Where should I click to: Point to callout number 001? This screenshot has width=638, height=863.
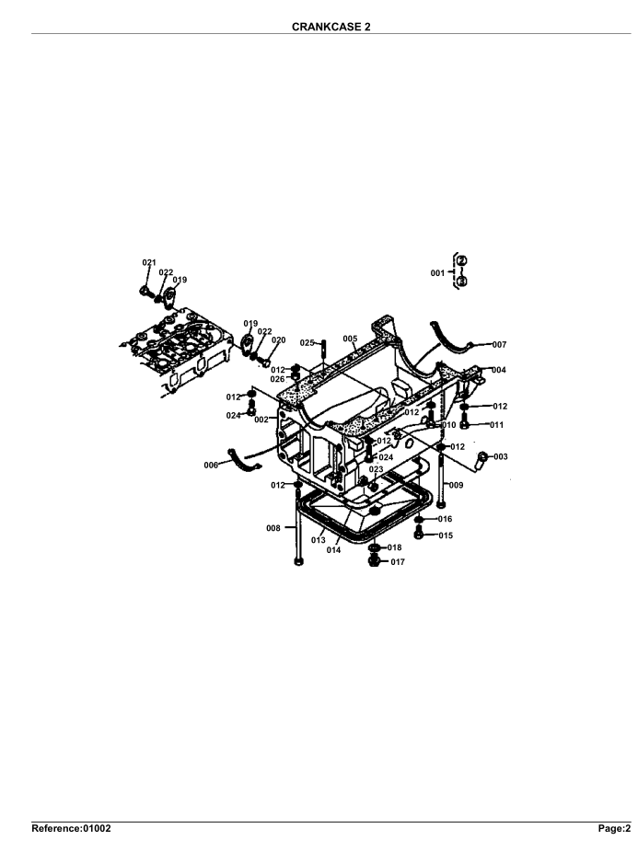[438, 273]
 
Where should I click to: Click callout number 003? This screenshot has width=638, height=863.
[500, 456]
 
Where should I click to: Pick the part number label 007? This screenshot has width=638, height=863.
[499, 345]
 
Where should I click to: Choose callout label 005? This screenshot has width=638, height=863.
[350, 339]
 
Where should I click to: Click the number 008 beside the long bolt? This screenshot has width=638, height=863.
[273, 528]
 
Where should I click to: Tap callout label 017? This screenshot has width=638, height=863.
[398, 561]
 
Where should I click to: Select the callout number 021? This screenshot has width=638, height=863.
[149, 263]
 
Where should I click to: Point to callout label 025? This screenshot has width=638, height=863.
[307, 342]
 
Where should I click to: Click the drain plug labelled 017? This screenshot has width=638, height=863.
[374, 561]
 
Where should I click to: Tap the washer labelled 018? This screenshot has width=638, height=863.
[374, 547]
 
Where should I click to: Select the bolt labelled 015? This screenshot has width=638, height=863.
[419, 535]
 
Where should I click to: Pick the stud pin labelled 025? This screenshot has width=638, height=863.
[324, 350]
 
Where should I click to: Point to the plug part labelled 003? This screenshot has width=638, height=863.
[481, 456]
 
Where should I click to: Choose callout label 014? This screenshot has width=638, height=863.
[333, 550]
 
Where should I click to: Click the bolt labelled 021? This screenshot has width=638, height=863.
[145, 291]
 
